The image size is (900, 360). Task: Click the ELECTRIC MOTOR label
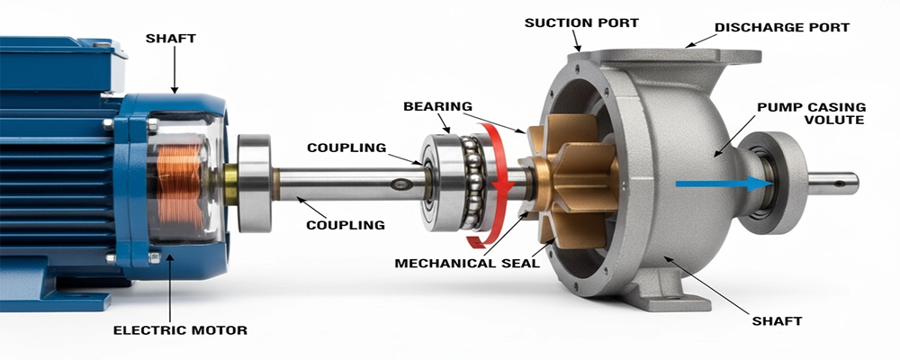tap(180, 330)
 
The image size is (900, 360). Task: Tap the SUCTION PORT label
tap(581, 23)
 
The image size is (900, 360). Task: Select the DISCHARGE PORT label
tap(782, 27)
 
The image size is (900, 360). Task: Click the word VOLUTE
tap(834, 120)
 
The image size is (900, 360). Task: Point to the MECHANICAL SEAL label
tap(467, 264)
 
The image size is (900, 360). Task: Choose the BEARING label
tap(438, 106)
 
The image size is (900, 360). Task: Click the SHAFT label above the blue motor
tap(170, 39)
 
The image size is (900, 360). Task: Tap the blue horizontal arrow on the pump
tap(724, 184)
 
